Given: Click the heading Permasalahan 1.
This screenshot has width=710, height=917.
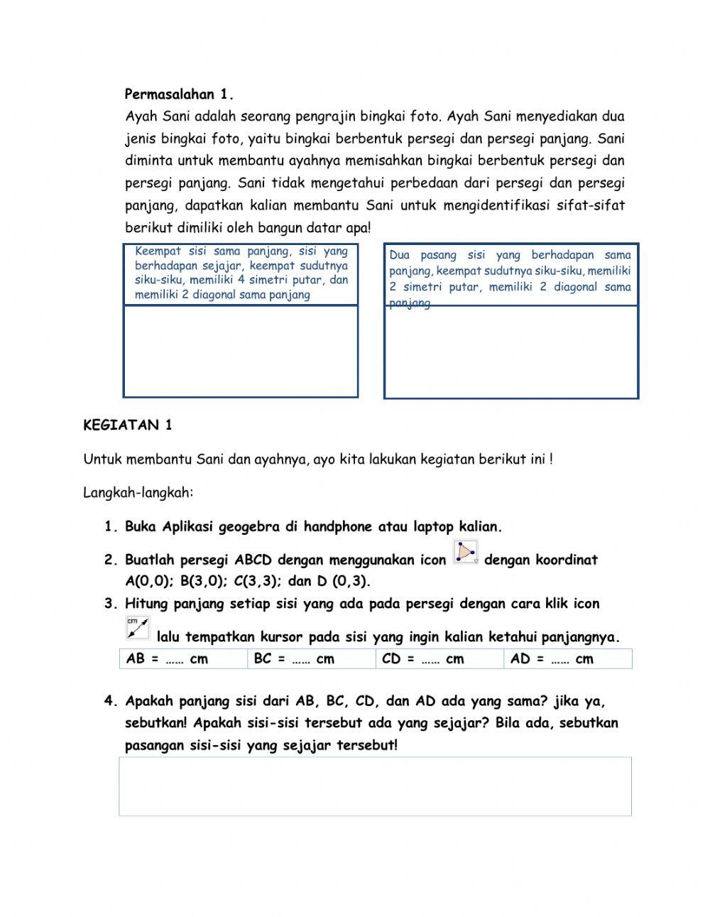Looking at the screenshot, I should pyautogui.click(x=179, y=94).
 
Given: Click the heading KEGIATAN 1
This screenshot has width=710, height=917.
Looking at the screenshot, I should pyautogui.click(x=128, y=425).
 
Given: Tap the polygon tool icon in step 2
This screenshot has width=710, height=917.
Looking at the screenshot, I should pyautogui.click(x=466, y=553).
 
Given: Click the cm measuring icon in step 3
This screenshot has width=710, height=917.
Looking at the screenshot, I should pyautogui.click(x=138, y=628).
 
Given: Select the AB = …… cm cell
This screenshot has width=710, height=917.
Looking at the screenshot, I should pyautogui.click(x=183, y=659).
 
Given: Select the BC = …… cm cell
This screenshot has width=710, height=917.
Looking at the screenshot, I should pyautogui.click(x=311, y=659).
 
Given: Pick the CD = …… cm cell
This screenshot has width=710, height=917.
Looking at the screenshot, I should pyautogui.click(x=439, y=659).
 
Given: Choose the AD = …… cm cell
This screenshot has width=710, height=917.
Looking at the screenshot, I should pyautogui.click(x=567, y=659).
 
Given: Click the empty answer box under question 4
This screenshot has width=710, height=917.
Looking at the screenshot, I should pyautogui.click(x=375, y=786).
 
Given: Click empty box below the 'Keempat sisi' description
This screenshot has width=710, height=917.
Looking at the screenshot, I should pyautogui.click(x=240, y=351).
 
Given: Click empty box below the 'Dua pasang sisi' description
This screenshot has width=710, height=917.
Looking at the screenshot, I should pyautogui.click(x=510, y=352).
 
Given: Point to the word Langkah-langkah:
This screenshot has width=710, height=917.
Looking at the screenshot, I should pyautogui.click(x=138, y=492).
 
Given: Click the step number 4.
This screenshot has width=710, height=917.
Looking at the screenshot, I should pyautogui.click(x=109, y=701).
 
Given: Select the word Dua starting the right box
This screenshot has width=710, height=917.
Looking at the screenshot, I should pyautogui.click(x=399, y=255).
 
